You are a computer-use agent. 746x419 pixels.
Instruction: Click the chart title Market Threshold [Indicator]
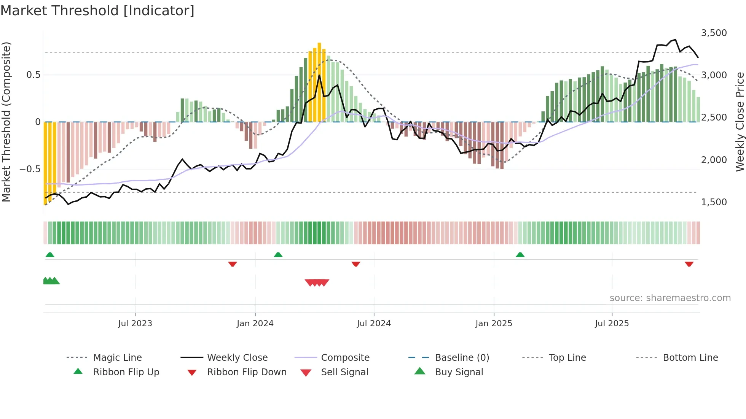97,11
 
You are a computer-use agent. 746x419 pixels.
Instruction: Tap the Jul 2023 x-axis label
135,324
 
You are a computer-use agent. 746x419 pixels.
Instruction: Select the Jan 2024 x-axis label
255,324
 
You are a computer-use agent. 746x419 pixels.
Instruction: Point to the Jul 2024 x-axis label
374,324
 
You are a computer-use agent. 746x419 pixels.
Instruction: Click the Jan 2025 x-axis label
494,324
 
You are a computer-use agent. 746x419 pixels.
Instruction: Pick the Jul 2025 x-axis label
612,324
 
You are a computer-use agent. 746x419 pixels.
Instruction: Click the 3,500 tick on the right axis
714,33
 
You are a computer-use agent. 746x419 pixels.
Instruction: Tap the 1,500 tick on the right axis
714,202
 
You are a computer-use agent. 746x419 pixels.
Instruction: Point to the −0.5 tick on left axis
30,169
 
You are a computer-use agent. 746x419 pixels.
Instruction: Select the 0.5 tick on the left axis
33,75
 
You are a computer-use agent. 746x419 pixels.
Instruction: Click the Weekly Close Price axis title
740,122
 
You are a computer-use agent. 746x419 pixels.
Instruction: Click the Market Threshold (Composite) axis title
6,122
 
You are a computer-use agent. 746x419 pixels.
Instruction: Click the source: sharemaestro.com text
670,298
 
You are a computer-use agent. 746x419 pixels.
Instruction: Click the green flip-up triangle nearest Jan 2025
520,255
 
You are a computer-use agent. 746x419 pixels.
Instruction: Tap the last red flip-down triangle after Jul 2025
689,264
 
